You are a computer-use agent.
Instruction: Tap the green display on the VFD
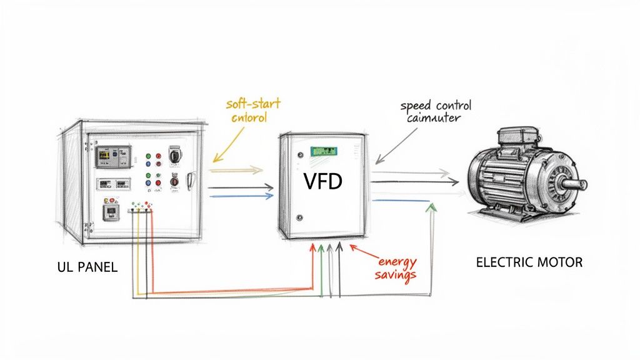(324, 151)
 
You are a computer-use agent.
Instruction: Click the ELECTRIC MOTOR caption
(529, 262)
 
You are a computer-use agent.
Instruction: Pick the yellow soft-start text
(252, 104)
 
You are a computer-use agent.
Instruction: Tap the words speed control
(436, 105)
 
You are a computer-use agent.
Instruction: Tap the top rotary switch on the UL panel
(174, 152)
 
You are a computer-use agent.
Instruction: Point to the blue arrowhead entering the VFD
(270, 196)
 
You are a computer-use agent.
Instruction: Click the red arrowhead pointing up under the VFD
(312, 249)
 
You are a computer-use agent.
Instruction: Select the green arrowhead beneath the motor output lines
(429, 207)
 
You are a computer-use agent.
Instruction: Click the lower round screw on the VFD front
(299, 217)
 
